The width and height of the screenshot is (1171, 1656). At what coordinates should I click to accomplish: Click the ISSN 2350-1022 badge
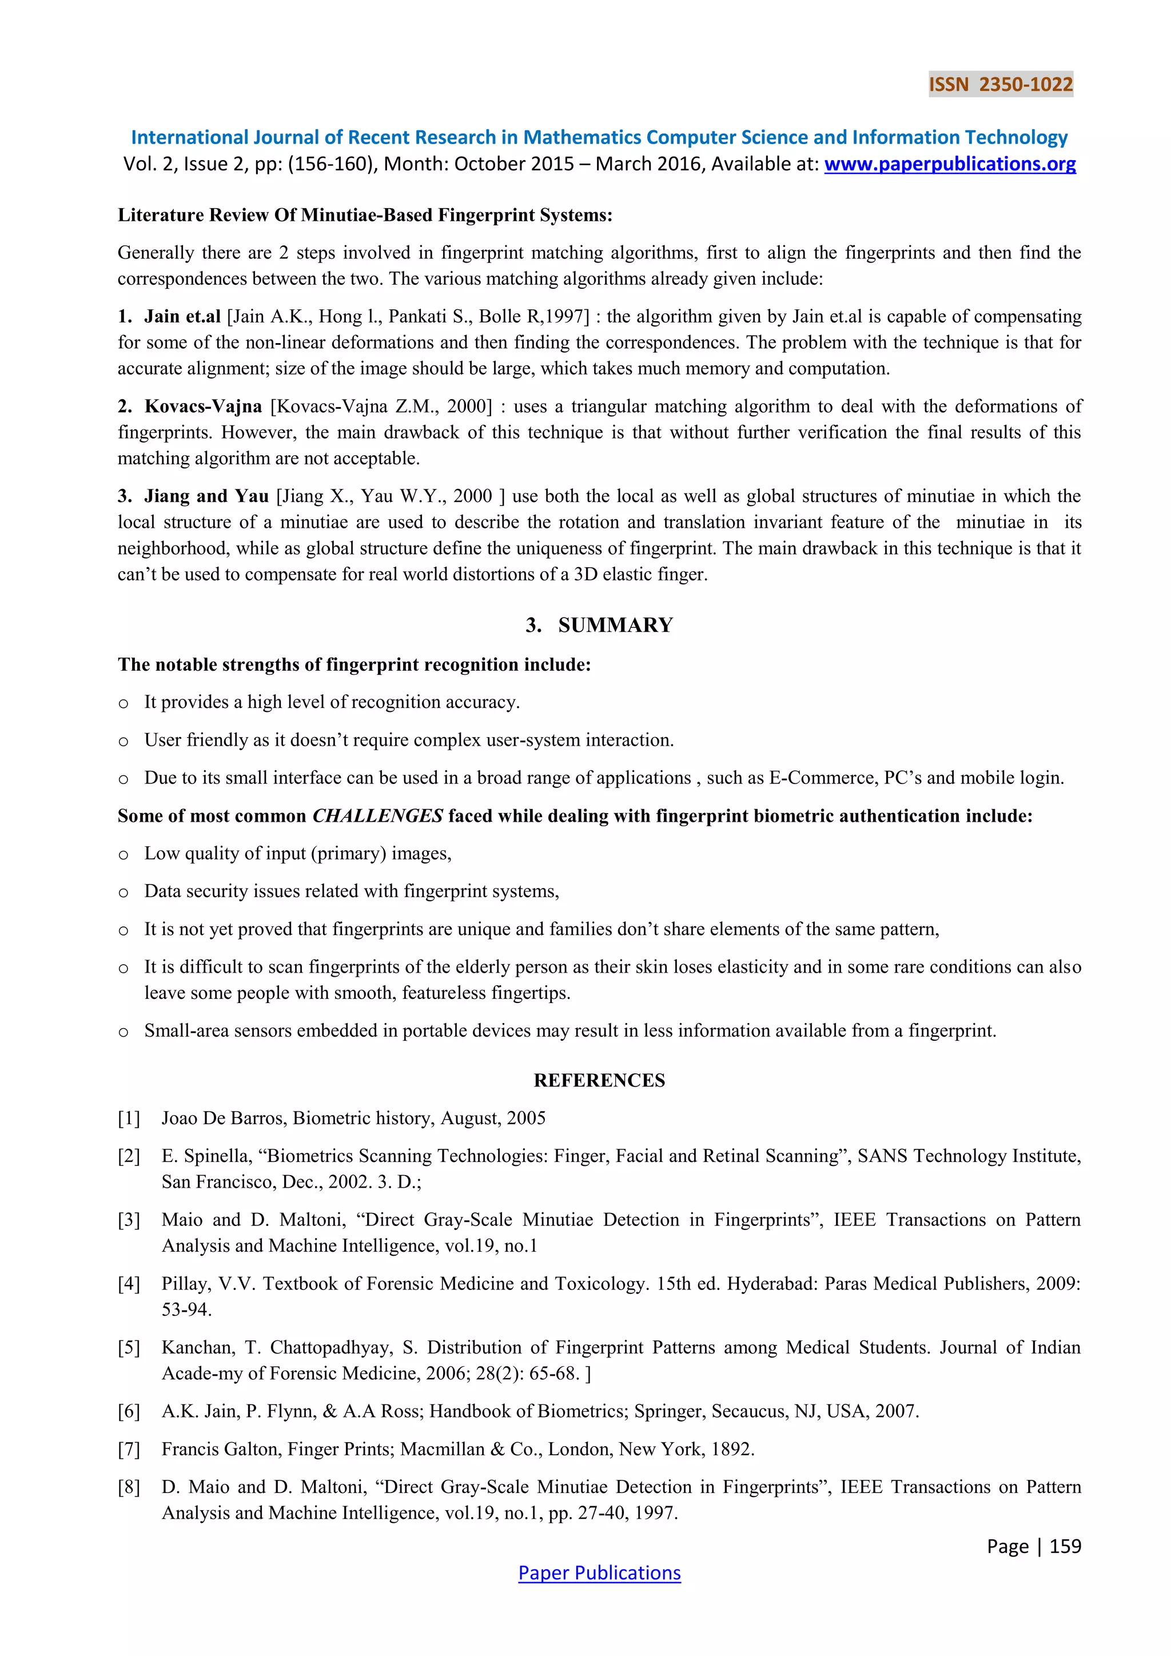point(1000,85)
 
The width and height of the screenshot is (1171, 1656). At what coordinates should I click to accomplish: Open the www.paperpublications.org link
point(950,165)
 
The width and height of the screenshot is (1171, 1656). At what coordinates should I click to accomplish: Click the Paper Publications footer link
point(599,1573)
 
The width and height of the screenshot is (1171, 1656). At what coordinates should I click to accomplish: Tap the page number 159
point(1065,1546)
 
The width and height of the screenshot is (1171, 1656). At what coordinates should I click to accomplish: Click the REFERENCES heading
point(599,1080)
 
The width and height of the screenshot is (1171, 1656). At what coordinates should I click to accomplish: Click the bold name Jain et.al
point(182,317)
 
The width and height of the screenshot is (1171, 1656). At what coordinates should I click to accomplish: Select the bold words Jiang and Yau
point(206,496)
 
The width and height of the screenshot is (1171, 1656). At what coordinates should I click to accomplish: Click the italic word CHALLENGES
point(377,816)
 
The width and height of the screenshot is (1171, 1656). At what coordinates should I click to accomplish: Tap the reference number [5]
point(129,1347)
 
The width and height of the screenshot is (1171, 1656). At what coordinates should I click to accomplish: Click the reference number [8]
point(129,1487)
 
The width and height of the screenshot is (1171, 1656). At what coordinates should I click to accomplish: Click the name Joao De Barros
point(224,1118)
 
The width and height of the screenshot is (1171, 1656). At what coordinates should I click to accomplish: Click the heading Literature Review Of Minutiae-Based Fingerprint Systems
point(365,215)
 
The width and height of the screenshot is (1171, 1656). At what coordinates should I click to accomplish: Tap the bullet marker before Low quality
point(124,855)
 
